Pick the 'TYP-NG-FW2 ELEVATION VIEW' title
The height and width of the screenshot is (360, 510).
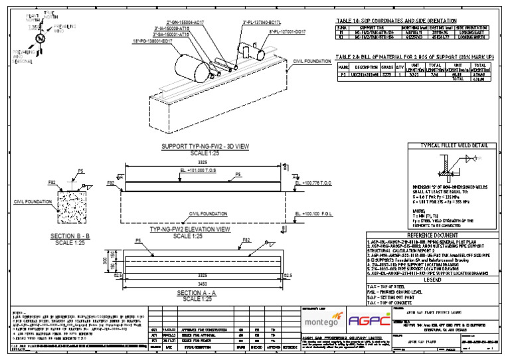pyautogui.click(x=190, y=228)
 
